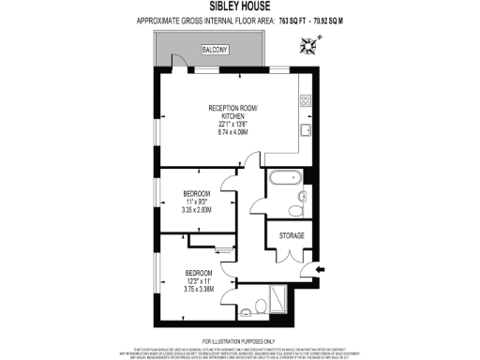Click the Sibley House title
pos(239,7)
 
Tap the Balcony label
pos(188,51)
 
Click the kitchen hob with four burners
pos(306,98)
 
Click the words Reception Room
pos(232,109)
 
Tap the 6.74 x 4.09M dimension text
pos(232,132)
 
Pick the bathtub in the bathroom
pos(282,177)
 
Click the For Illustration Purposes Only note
pos(239,340)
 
